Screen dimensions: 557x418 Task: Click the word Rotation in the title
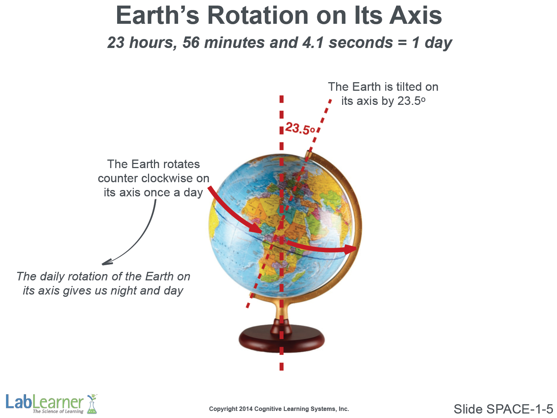[x=258, y=16]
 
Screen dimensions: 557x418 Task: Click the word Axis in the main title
[x=415, y=16]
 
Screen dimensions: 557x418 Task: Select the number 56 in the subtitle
[x=191, y=42]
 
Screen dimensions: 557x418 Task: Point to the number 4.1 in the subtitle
[x=313, y=42]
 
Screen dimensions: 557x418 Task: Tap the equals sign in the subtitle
[x=402, y=43]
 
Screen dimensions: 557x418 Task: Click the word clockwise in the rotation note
[x=167, y=179]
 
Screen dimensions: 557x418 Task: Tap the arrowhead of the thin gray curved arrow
[x=107, y=262]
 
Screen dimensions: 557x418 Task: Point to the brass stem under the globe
[x=281, y=311]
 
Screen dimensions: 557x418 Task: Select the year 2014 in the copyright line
[x=246, y=409]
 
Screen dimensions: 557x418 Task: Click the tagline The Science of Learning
[x=58, y=411]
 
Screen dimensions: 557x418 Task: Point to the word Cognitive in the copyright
[x=266, y=409]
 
